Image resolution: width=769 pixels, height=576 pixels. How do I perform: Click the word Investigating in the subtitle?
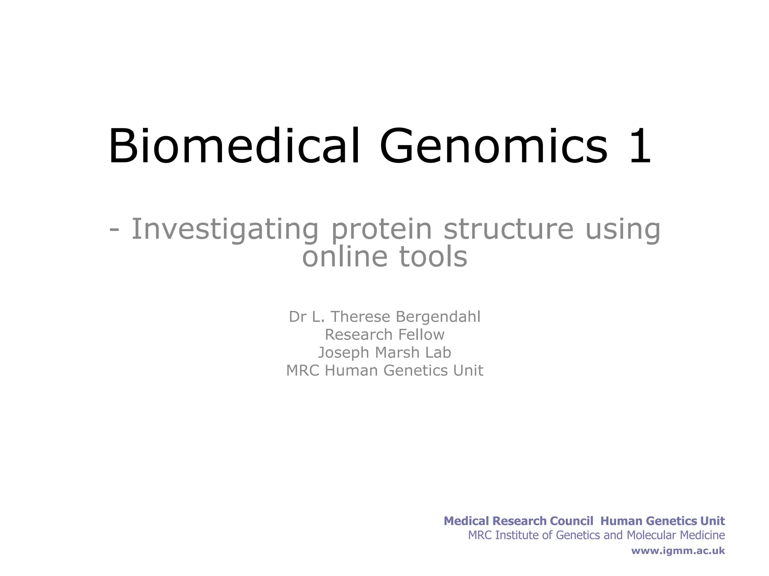click(225, 229)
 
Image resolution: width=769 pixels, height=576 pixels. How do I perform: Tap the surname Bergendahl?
click(438, 317)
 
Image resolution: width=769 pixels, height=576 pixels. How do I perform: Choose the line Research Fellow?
click(384, 334)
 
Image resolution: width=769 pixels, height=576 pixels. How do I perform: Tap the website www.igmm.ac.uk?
click(678, 550)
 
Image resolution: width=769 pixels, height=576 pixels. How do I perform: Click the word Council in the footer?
click(571, 521)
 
